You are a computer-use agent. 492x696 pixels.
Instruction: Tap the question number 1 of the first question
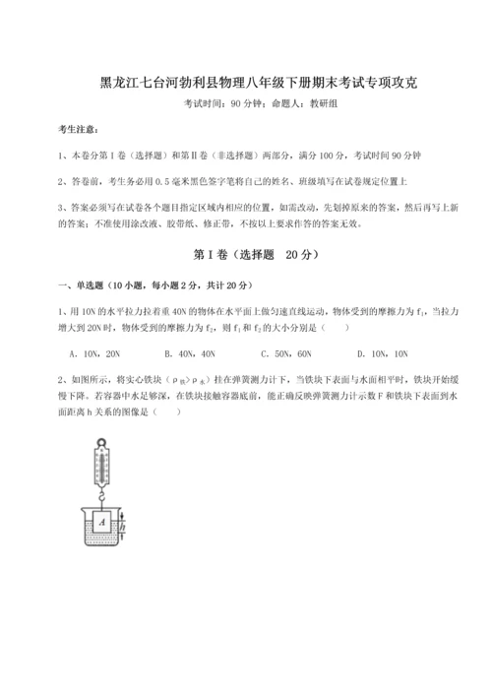pos(61,311)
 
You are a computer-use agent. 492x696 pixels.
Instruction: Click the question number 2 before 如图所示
pos(61,377)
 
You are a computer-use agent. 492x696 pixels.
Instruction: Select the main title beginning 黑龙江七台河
pos(246,84)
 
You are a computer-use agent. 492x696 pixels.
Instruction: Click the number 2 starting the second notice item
pos(61,181)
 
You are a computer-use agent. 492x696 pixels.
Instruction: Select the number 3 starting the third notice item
pos(61,207)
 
